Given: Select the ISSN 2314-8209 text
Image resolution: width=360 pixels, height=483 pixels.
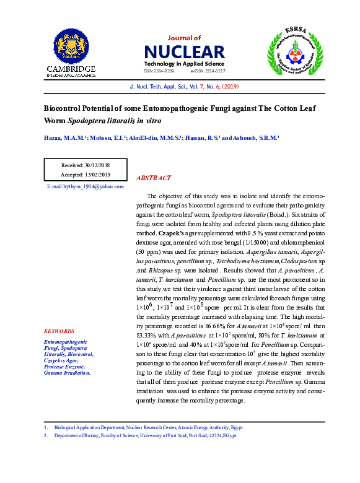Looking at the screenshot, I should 159,71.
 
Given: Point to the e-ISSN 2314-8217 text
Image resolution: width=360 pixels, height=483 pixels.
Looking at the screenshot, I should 207,71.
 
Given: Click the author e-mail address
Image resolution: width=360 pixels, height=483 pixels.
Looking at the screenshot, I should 86,186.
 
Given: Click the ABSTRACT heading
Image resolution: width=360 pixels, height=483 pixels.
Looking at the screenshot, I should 153,178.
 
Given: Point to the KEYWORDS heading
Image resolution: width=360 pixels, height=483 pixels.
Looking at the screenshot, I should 59,331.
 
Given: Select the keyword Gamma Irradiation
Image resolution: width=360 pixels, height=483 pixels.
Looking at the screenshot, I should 67,373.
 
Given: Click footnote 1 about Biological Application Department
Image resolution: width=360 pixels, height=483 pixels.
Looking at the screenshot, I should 149,427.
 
